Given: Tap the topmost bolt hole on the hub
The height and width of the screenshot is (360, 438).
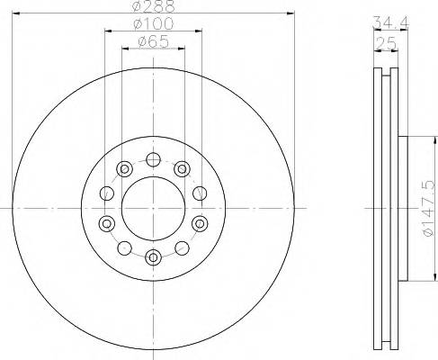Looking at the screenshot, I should [153, 160].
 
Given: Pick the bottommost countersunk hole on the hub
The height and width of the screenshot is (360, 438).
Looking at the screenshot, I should [153, 256].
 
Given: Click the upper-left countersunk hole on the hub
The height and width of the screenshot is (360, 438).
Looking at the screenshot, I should [125, 167].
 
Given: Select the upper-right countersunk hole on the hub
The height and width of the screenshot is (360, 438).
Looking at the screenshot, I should [182, 167].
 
